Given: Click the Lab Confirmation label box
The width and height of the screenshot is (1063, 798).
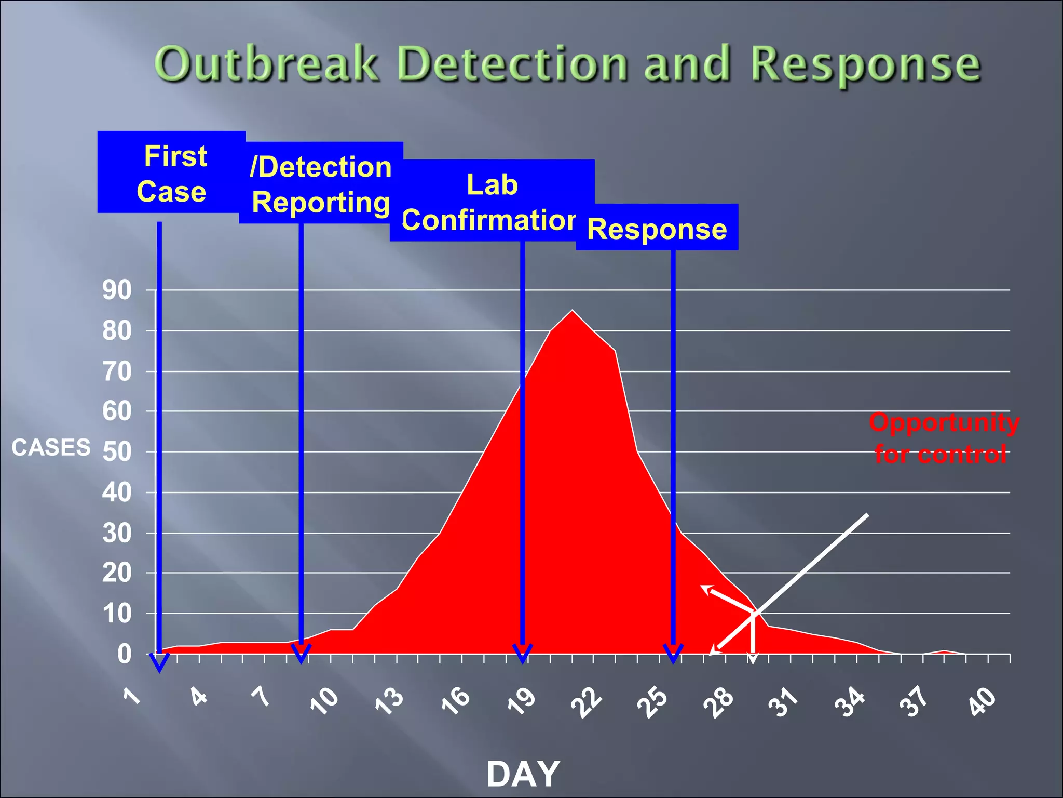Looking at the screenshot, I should [x=492, y=202].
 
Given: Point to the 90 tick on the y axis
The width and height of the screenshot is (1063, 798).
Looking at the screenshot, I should [x=117, y=290].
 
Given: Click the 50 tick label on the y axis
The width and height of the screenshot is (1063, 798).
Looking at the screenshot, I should [x=117, y=451].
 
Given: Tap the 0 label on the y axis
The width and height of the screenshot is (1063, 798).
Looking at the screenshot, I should [x=124, y=654].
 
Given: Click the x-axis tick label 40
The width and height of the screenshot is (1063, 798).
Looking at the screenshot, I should [x=983, y=701].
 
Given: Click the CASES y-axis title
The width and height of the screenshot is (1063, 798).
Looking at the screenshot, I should [x=51, y=447].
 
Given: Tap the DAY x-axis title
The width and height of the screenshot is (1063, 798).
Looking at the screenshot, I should [x=523, y=774].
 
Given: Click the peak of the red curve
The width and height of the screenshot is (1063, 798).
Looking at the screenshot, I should [x=572, y=312].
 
